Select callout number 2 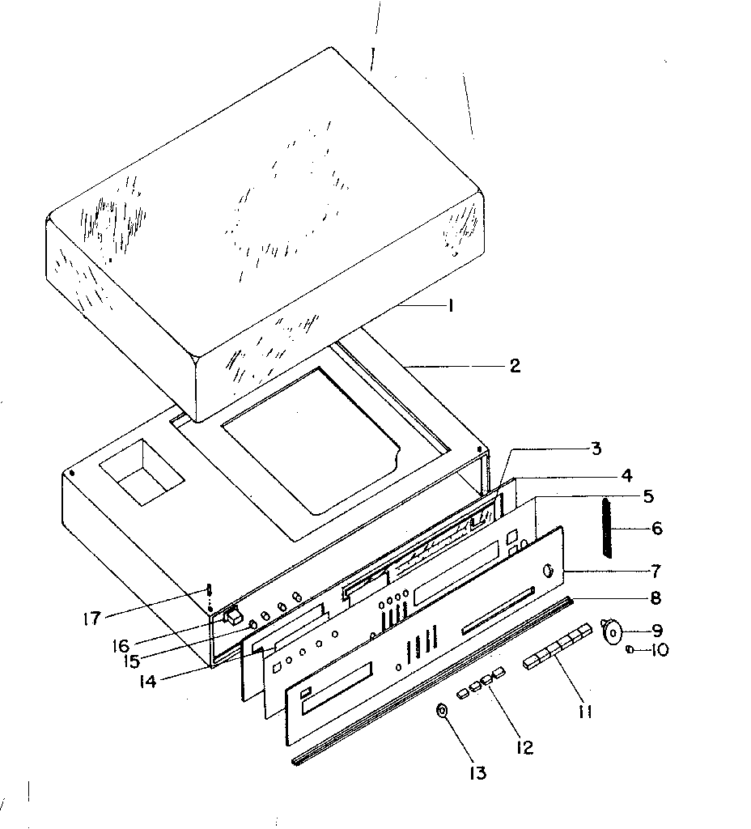pos(514,366)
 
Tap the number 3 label pos(595,448)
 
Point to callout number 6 pos(656,529)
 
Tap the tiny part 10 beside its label pos(630,648)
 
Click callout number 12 pos(524,747)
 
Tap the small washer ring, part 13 pos(443,712)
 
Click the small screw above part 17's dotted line pos(209,589)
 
